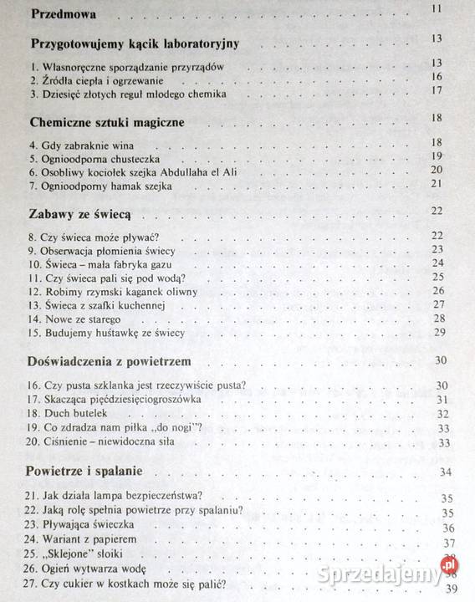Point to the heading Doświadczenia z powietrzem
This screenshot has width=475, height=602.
110,360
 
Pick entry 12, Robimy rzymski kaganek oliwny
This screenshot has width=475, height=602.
118,291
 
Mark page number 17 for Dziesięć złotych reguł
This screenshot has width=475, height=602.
437,91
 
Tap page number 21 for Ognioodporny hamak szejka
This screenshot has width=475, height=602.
437,183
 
